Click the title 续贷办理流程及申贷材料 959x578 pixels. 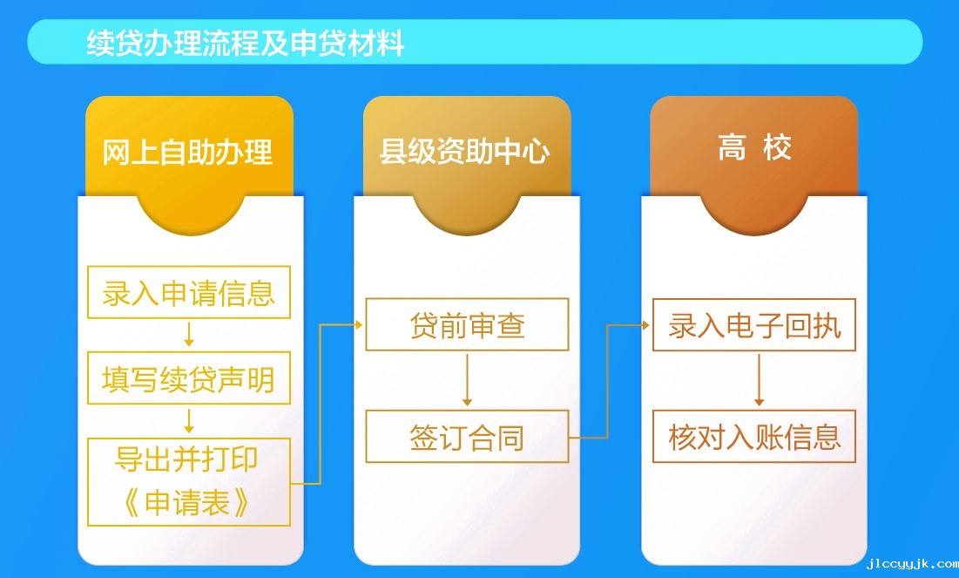tap(246, 43)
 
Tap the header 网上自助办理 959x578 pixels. tap(187, 152)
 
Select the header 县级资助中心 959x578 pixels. tap(464, 151)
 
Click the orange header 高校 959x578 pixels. tap(754, 147)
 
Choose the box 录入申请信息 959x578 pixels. tap(189, 292)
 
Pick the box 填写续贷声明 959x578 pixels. tap(189, 377)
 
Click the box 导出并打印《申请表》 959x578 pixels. tap(189, 482)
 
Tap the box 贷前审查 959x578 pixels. tap(467, 324)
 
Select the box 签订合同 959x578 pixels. tap(467, 437)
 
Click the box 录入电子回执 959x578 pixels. tap(754, 324)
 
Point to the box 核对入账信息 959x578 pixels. tap(754, 437)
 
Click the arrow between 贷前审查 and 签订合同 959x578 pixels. tap(467, 380)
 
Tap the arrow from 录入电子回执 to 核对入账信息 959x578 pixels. tap(759, 380)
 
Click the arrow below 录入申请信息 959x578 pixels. tap(189, 334)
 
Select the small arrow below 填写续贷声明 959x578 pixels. tap(189, 421)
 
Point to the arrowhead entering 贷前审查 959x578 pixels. tap(358, 324)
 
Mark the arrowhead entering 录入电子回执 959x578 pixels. tap(645, 325)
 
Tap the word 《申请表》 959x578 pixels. tap(186, 503)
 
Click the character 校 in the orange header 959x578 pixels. tap(777, 147)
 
